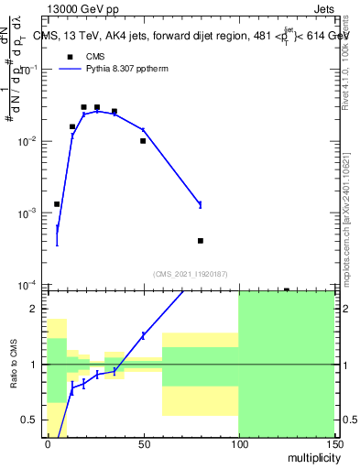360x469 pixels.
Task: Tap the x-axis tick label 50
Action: [143, 443]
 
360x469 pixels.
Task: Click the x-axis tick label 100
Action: [238, 443]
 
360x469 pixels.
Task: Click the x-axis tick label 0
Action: [48, 443]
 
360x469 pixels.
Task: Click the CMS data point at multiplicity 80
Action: [201, 241]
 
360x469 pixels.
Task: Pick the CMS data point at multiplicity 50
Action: [143, 141]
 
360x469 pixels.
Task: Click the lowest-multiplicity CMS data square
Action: [57, 204]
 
